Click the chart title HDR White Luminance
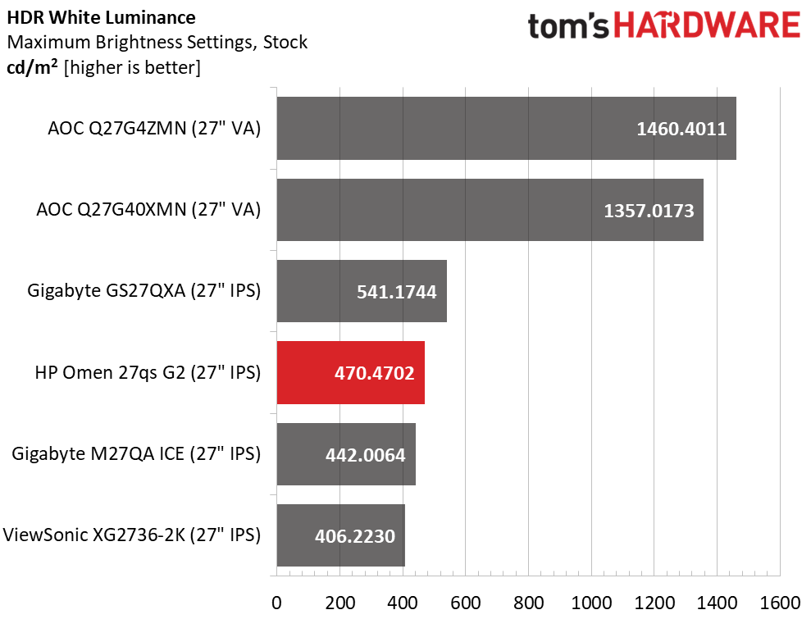101,17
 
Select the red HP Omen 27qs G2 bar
350,373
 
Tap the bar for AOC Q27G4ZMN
506,128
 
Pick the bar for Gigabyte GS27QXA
361,291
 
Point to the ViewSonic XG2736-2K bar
340,536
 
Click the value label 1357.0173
649,211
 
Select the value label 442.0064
360,455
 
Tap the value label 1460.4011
681,129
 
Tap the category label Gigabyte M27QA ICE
136,454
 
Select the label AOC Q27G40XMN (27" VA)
148,210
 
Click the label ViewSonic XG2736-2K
132,536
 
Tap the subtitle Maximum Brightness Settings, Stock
157,43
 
